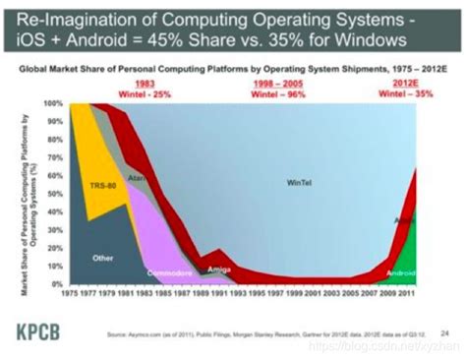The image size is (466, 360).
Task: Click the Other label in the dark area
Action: pos(103,257)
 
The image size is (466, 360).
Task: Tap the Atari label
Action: pos(138,177)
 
